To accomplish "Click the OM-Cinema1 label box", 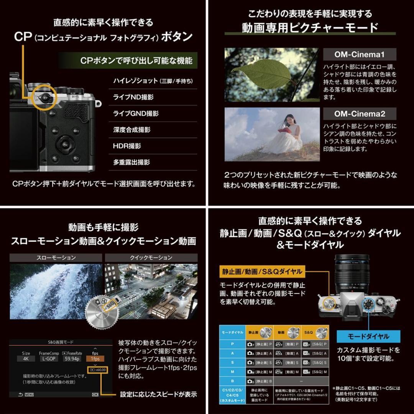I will (359, 54).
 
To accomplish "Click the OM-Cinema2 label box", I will (359, 113).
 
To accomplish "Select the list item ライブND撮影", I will (133, 97).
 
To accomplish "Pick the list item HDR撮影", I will (127, 146).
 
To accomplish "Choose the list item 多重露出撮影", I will (131, 162).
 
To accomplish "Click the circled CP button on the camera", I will (46, 98).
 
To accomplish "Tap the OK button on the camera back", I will (65, 145).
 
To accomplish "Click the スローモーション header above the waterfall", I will (56, 258).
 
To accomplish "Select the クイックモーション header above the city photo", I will (151, 258).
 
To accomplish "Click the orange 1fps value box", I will (95, 359).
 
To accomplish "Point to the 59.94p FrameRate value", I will (72, 359).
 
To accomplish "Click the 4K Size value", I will (26, 359).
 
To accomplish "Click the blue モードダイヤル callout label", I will (368, 336).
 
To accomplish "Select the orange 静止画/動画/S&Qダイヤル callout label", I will (262, 272).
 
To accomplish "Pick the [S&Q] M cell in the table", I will (314, 371).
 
